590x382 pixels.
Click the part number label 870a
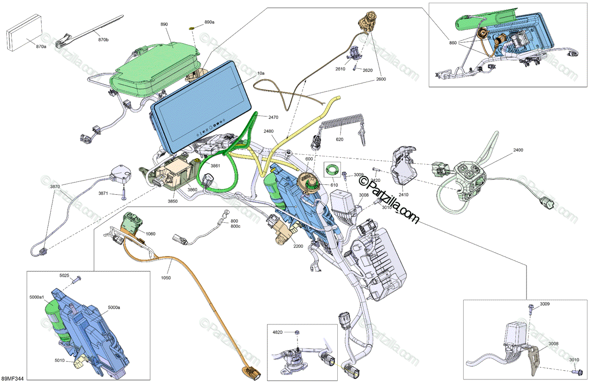click(41, 46)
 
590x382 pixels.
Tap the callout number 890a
click(209, 23)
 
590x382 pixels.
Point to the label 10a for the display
click(261, 73)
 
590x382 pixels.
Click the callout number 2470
click(273, 117)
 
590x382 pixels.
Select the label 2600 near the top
click(381, 79)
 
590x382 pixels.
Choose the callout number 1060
click(150, 234)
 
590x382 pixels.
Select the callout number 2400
click(518, 149)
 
